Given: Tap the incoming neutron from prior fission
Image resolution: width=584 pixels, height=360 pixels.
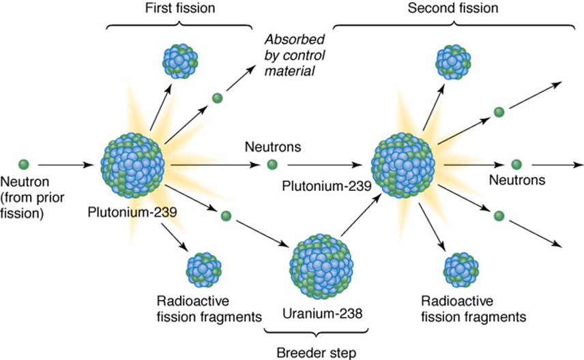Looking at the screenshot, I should pos(24,164).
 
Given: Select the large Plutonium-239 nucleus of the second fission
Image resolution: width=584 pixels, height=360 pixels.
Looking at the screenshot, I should pos(403,164).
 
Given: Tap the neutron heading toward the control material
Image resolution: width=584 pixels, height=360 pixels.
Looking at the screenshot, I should pos(217,98).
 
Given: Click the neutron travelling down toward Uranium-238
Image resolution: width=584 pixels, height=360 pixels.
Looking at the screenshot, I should pos(224,216).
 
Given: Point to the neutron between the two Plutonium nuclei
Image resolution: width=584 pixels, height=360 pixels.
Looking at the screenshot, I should pos(272,164).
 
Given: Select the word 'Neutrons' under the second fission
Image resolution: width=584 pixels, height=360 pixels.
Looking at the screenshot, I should pos(516,181).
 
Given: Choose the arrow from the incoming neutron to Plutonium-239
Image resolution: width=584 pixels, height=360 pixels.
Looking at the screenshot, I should pos(65,164).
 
